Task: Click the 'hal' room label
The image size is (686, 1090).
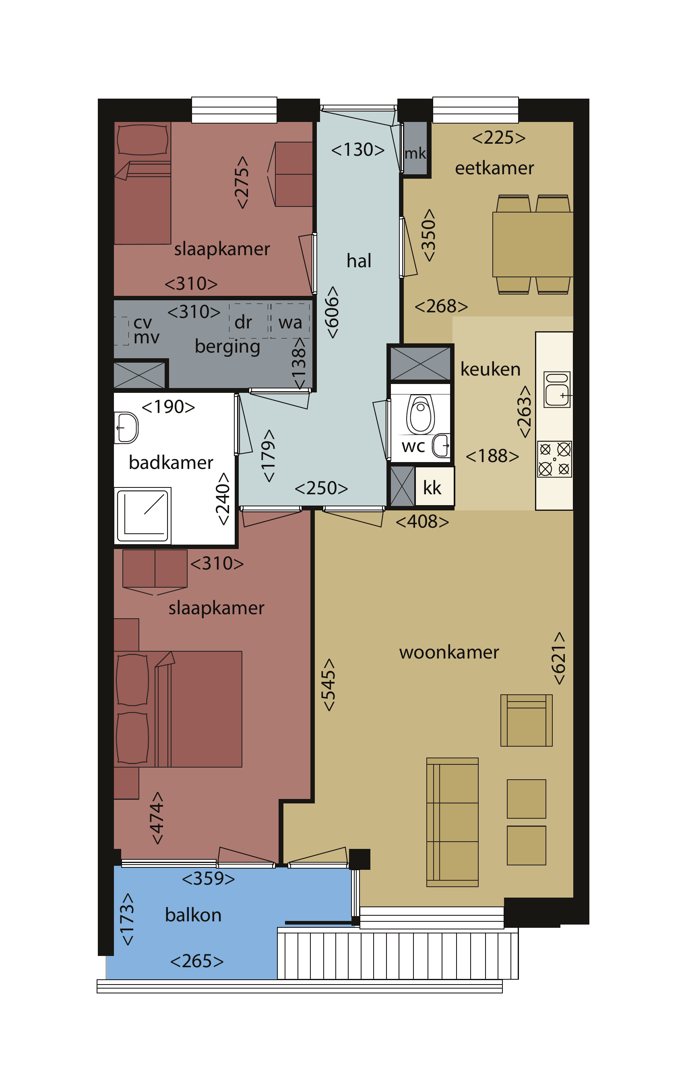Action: click(359, 261)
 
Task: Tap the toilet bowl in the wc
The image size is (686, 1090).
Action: click(420, 414)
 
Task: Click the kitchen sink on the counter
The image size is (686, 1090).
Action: click(557, 389)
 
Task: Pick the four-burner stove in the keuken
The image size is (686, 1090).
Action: click(554, 459)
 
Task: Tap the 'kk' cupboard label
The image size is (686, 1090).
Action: click(432, 487)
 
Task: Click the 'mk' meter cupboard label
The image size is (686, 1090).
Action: click(415, 153)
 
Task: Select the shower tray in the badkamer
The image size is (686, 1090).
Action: click(142, 516)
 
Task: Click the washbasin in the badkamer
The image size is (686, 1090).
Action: click(126, 427)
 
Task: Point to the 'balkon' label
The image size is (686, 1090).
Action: click(193, 915)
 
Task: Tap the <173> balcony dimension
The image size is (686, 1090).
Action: click(127, 919)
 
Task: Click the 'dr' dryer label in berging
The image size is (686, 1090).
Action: click(243, 322)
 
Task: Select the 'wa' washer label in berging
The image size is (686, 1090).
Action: click(290, 323)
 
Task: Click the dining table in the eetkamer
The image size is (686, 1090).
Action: click(533, 244)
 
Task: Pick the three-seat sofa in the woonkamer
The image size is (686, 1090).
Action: click(453, 822)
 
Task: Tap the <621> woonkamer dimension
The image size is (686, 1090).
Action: click(559, 658)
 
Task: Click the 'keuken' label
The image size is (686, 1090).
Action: click(490, 370)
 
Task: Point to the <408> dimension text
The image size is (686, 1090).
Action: click(422, 522)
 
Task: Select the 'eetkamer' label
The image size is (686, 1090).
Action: click(494, 168)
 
